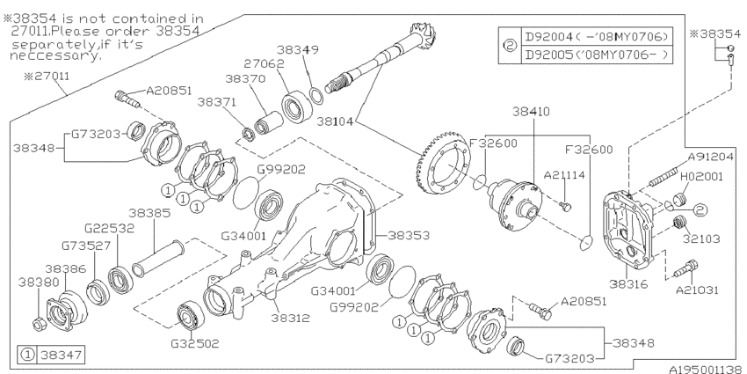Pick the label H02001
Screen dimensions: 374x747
pyautogui.click(x=706, y=177)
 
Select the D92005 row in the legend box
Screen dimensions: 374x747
pyautogui.click(x=598, y=54)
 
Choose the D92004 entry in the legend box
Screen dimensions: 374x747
pyautogui.click(x=598, y=37)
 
